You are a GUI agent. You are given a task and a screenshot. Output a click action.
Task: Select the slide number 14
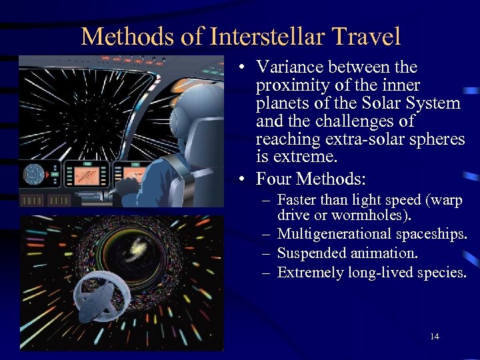point(435,337)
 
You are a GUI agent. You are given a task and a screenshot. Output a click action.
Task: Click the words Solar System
point(418,103)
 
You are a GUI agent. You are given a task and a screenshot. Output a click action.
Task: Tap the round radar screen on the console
point(33,175)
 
